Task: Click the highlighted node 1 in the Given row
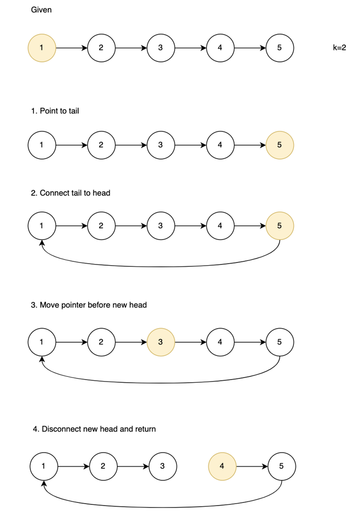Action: [41, 48]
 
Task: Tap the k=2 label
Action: [340, 48]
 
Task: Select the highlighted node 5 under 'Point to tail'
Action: [280, 145]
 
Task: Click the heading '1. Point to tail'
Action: [55, 111]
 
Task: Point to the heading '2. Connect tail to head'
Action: [70, 193]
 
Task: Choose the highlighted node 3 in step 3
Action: [161, 342]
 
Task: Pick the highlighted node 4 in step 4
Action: [222, 466]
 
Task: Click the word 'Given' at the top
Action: [41, 9]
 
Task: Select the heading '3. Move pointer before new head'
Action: [89, 304]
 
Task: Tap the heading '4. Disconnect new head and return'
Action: [94, 429]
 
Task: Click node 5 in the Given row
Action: [280, 48]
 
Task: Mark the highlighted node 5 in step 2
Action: [280, 226]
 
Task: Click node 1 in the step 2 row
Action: [41, 226]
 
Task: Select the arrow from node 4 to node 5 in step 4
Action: [252, 466]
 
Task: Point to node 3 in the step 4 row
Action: [163, 466]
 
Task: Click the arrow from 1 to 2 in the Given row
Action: [71, 48]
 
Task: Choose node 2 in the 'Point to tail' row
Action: [101, 145]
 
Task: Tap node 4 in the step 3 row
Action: [220, 342]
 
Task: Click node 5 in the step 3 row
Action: [280, 342]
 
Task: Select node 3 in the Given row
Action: [161, 48]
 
